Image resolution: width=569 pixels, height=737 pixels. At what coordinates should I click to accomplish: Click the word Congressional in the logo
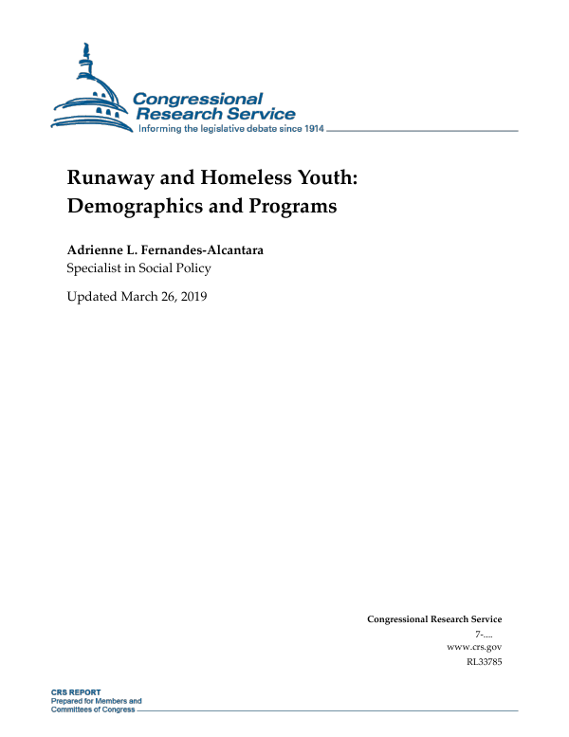(x=197, y=99)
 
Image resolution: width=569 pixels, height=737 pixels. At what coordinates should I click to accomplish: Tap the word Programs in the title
(x=290, y=205)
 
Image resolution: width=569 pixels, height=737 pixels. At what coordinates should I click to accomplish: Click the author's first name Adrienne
(x=99, y=249)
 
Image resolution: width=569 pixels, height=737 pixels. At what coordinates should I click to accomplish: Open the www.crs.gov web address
(x=473, y=646)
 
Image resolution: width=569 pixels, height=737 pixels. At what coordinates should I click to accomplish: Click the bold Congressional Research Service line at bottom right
(x=433, y=619)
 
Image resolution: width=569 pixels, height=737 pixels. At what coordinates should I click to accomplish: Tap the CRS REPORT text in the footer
(x=76, y=693)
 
